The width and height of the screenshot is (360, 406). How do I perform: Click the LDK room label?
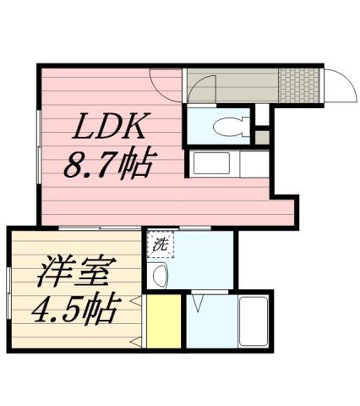tap(111, 130)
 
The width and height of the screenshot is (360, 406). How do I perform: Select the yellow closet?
tap(163, 321)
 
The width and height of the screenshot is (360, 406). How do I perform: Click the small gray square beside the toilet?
tap(262, 135)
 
